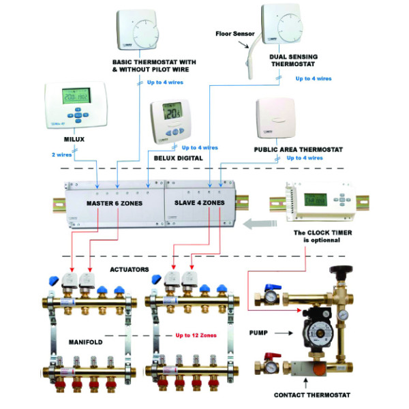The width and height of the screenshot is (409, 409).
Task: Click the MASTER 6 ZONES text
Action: click(112, 203)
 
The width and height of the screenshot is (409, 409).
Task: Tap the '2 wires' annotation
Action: click(63, 155)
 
